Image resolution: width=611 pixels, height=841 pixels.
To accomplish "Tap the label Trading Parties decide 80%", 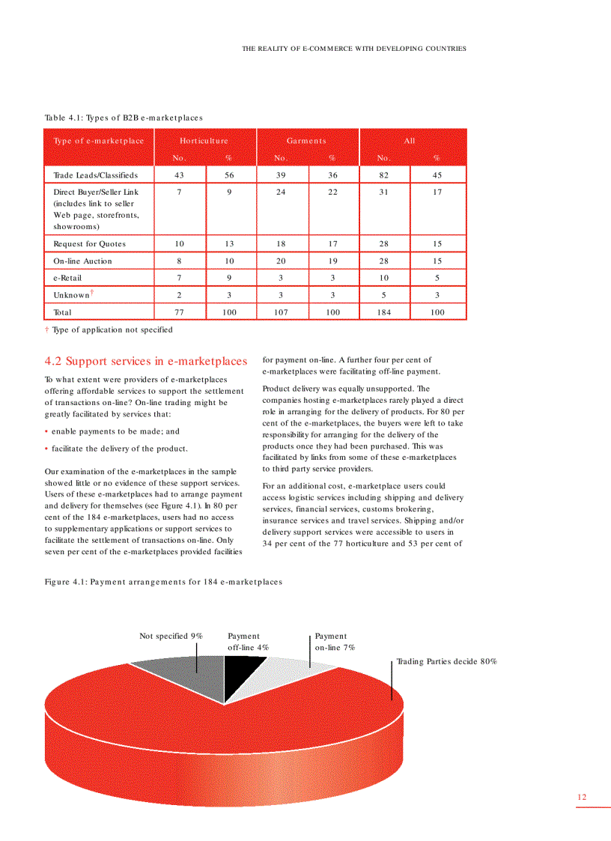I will (446, 661).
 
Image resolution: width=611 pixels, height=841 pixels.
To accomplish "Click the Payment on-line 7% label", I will (334, 642).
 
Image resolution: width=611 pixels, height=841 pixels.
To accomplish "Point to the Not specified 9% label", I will (171, 636).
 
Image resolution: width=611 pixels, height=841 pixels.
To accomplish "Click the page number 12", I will (581, 797).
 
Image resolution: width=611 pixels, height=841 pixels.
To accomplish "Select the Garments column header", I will (307, 141).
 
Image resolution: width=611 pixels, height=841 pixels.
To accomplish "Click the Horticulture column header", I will (204, 141).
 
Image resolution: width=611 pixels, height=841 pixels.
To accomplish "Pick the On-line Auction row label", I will (82, 261).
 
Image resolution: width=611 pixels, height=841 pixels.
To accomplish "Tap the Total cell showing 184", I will (384, 312).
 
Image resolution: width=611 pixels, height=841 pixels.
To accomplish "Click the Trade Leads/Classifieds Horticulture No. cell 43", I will (179, 174).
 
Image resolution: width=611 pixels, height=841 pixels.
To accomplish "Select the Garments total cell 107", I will (282, 312).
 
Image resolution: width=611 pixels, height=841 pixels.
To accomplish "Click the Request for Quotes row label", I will (89, 243).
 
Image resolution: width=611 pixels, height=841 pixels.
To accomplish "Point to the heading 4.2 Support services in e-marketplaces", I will (145, 361).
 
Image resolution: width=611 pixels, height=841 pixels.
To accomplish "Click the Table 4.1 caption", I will (124, 118).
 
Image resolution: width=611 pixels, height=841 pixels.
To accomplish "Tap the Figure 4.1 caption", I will (163, 582).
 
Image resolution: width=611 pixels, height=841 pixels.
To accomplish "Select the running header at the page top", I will (353, 49).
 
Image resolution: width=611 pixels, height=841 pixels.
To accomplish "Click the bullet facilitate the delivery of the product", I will (120, 449).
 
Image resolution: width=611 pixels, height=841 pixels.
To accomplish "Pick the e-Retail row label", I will (67, 278).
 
